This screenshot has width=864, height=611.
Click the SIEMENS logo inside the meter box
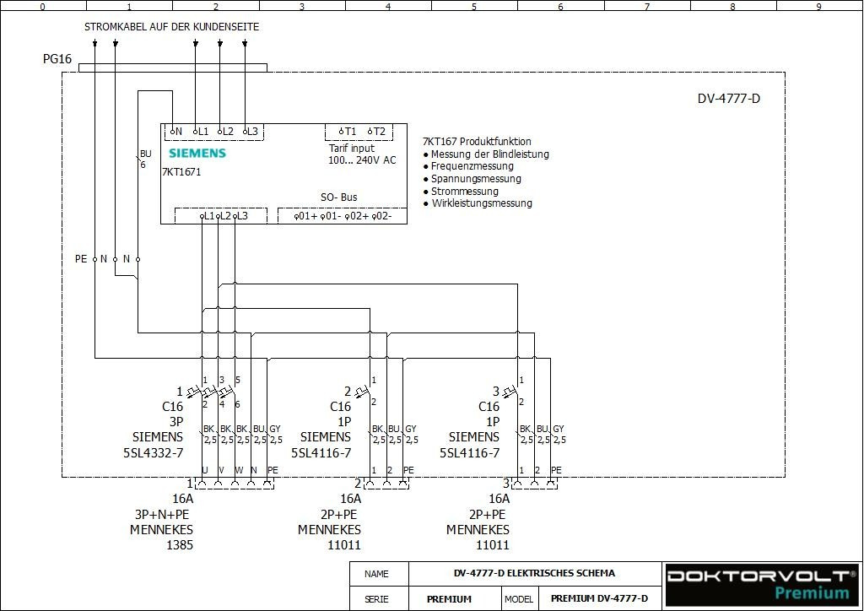(197, 153)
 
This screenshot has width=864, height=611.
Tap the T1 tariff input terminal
(348, 132)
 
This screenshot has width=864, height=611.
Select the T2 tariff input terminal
(376, 132)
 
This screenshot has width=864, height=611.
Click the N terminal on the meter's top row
(175, 132)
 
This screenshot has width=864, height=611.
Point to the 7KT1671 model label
(181, 171)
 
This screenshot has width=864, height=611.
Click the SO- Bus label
(338, 197)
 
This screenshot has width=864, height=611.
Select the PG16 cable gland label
(57, 60)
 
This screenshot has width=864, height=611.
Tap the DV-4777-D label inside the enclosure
(728, 99)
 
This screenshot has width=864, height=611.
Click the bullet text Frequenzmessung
(472, 166)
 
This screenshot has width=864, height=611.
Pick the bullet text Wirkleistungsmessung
(481, 203)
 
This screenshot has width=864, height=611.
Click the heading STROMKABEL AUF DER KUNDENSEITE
(171, 27)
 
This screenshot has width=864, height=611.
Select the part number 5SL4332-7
(153, 452)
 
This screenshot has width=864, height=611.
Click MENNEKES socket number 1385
(179, 545)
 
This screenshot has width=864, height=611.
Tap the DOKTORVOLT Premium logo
(760, 583)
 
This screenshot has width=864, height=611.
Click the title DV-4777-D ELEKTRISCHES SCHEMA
(533, 573)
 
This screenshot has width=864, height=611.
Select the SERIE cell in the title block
(376, 599)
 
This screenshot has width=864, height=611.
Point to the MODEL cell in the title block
(519, 599)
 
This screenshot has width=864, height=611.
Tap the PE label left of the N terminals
(81, 259)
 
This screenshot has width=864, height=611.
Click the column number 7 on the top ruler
(646, 6)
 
